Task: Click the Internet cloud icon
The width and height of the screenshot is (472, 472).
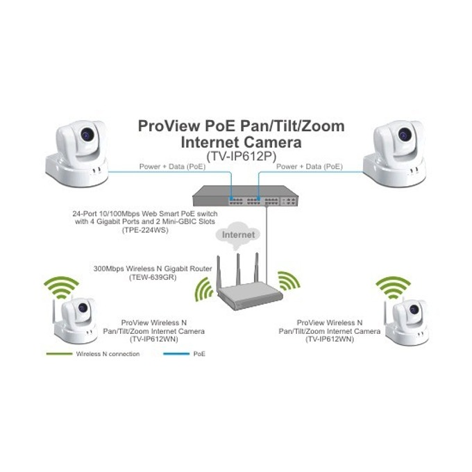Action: pyautogui.click(x=238, y=235)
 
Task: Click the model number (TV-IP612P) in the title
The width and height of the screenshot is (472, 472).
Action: pyautogui.click(x=241, y=156)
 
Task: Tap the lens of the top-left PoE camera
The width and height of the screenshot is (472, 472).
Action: pyautogui.click(x=87, y=133)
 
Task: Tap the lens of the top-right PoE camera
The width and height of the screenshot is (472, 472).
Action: pyautogui.click(x=404, y=133)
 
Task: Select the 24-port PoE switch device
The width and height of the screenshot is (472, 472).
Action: pyautogui.click(x=246, y=196)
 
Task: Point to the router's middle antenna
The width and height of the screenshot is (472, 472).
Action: pyautogui.click(x=238, y=269)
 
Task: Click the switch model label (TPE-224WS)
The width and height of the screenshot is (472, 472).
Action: pyautogui.click(x=145, y=230)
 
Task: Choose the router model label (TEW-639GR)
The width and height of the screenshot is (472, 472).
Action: pyautogui.click(x=153, y=277)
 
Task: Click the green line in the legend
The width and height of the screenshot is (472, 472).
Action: pyautogui.click(x=59, y=354)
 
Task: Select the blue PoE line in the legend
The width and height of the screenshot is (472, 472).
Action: pyautogui.click(x=176, y=354)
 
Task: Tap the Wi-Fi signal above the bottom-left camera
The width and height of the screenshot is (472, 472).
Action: pyautogui.click(x=61, y=287)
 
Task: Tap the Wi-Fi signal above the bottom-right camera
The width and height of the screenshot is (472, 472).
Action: pyautogui.click(x=393, y=287)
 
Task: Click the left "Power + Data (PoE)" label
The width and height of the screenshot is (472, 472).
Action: pyautogui.click(x=172, y=167)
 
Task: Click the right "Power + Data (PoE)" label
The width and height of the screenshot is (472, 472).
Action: pyautogui.click(x=310, y=167)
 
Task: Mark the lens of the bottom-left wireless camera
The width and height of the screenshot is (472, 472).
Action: pyautogui.click(x=83, y=307)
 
